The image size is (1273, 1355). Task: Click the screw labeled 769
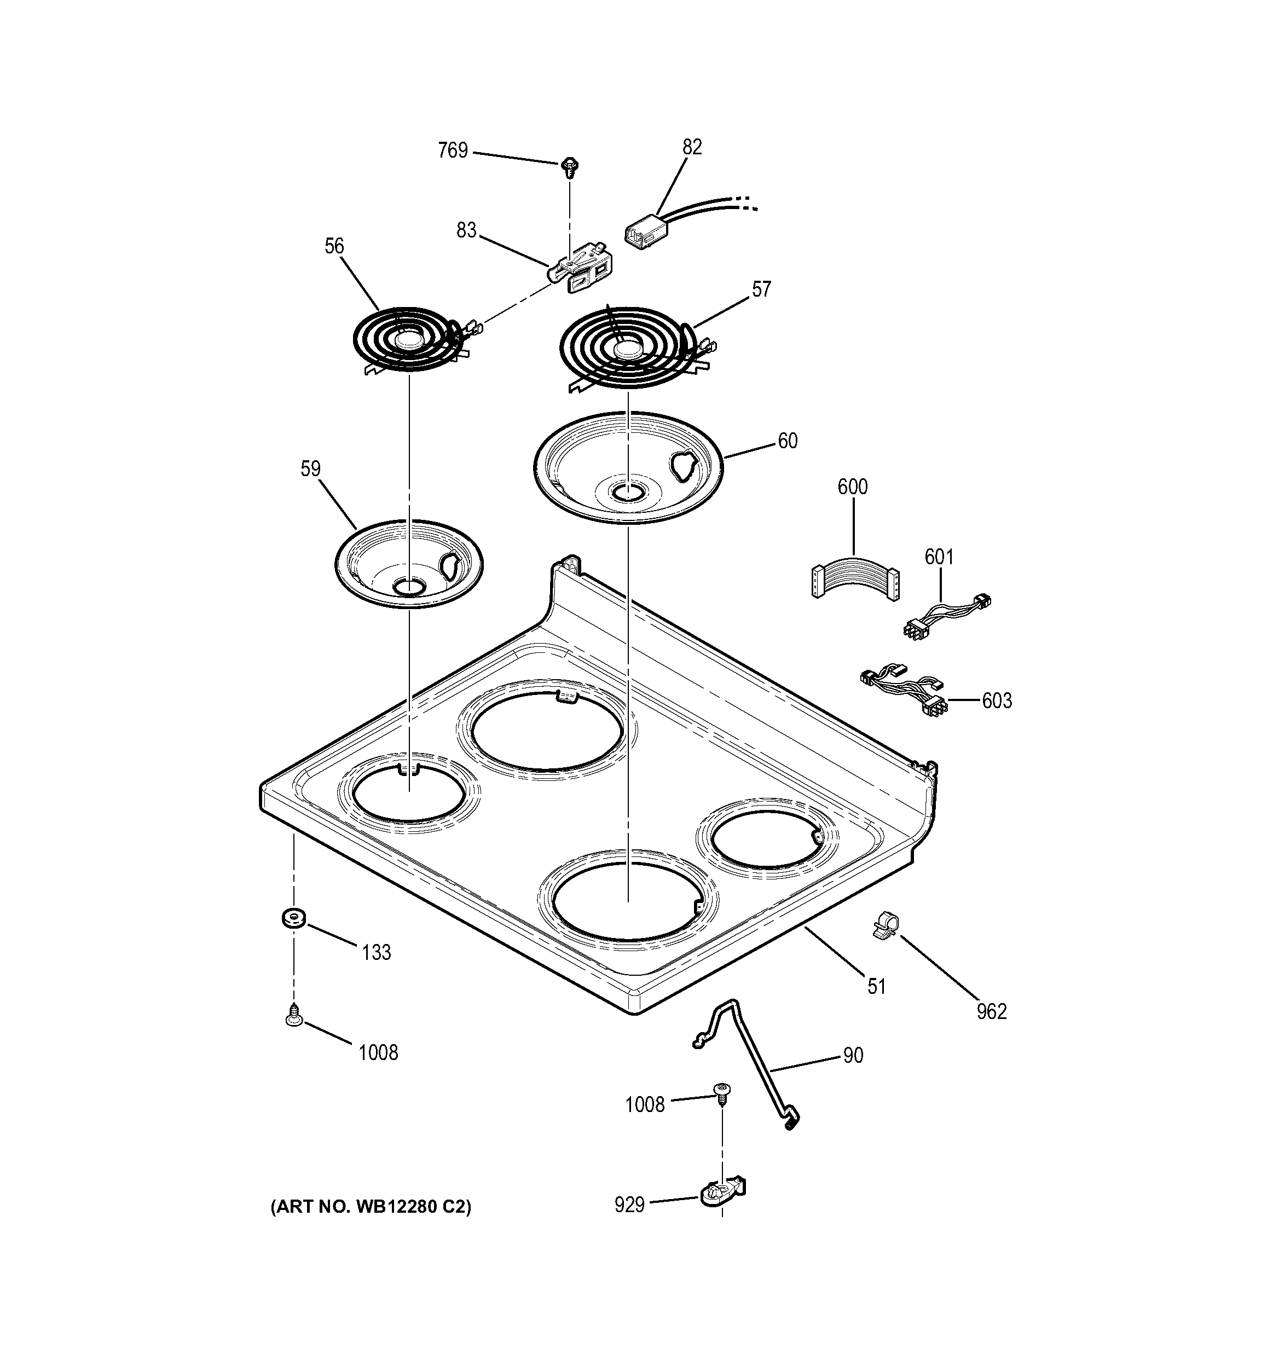[x=569, y=166]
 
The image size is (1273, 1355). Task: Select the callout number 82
[x=691, y=147]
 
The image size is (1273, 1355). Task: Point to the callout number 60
[x=787, y=441]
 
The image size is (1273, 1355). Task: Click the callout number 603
[x=996, y=700]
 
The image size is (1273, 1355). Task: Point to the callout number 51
[x=876, y=986]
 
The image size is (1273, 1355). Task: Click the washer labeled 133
[x=293, y=917]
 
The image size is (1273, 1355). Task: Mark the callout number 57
[x=761, y=289]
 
